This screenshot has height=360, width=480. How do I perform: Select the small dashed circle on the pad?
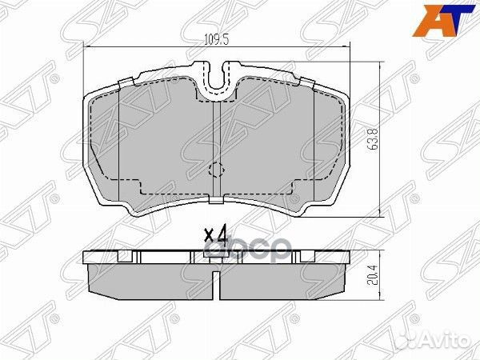point(215,170)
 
